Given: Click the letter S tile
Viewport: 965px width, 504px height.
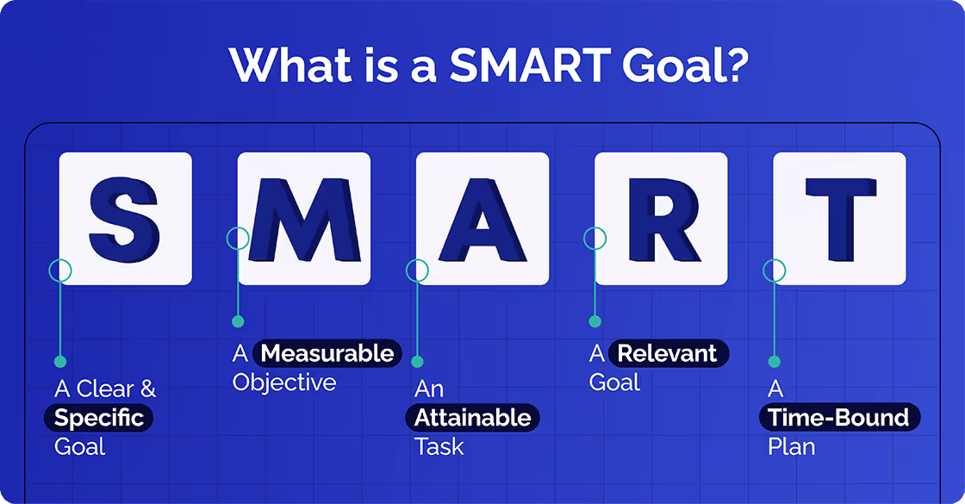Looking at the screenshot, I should (125, 219).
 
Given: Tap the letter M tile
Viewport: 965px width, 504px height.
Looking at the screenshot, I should (304, 219).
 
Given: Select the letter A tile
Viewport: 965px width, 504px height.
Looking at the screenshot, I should (482, 219).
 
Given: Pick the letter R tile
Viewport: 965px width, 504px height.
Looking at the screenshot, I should (661, 219).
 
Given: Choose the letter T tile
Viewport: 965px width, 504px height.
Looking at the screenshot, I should (839, 219).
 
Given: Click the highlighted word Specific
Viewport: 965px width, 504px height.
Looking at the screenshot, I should (99, 418).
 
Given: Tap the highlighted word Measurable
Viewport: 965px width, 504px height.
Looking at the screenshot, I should (327, 353).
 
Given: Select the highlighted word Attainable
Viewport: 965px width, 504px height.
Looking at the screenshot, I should (473, 418).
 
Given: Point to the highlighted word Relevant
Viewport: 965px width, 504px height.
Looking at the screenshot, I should (668, 353).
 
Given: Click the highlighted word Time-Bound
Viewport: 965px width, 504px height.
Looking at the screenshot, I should (839, 418).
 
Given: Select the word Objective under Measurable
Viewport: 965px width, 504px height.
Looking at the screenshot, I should (284, 383).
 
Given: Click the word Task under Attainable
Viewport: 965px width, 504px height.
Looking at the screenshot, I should (439, 447).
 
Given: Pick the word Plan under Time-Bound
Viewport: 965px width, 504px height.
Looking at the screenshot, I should (791, 447).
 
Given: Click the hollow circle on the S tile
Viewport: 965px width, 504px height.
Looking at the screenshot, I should (60, 271).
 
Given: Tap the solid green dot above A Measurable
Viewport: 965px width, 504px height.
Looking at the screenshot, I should (238, 321).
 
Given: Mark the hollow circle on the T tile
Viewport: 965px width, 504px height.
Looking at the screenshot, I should (775, 271).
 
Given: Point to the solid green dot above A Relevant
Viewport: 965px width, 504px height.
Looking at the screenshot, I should (595, 321).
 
